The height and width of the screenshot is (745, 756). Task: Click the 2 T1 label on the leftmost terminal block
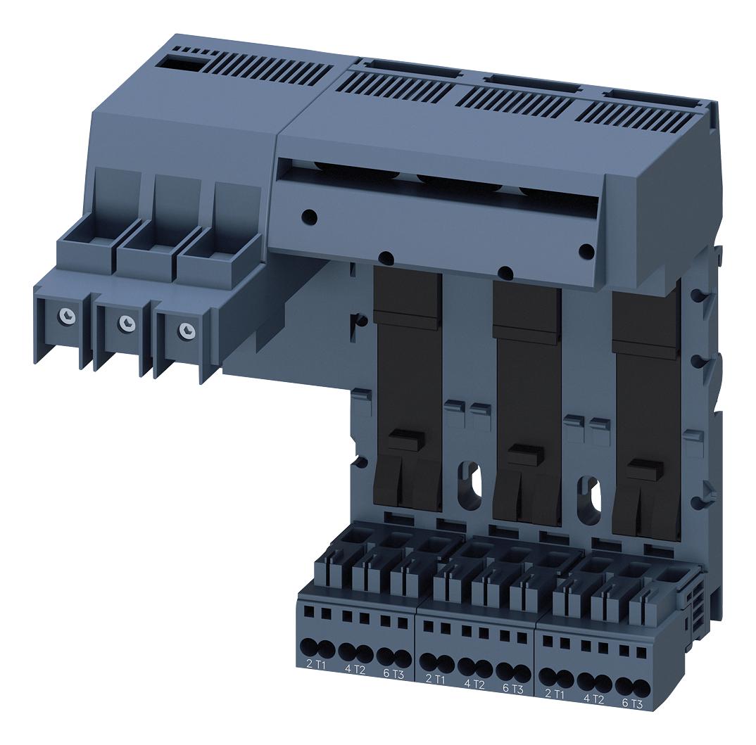pyautogui.click(x=315, y=664)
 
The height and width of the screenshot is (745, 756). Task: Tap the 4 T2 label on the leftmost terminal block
pyautogui.click(x=354, y=668)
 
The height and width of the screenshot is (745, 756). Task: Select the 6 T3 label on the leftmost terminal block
pyautogui.click(x=393, y=673)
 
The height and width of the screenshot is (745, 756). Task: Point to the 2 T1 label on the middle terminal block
pyautogui.click(x=435, y=678)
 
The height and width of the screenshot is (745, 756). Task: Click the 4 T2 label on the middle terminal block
pyautogui.click(x=474, y=683)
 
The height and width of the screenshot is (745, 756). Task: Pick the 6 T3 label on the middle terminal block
pyautogui.click(x=513, y=688)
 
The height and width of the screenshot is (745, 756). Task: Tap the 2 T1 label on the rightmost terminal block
pyautogui.click(x=555, y=694)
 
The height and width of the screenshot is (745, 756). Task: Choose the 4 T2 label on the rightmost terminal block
pyautogui.click(x=593, y=699)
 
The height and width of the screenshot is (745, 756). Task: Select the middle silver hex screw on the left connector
pyautogui.click(x=126, y=322)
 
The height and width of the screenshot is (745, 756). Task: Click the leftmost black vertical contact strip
pyautogui.click(x=408, y=387)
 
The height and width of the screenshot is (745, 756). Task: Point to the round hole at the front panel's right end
pyautogui.click(x=584, y=250)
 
